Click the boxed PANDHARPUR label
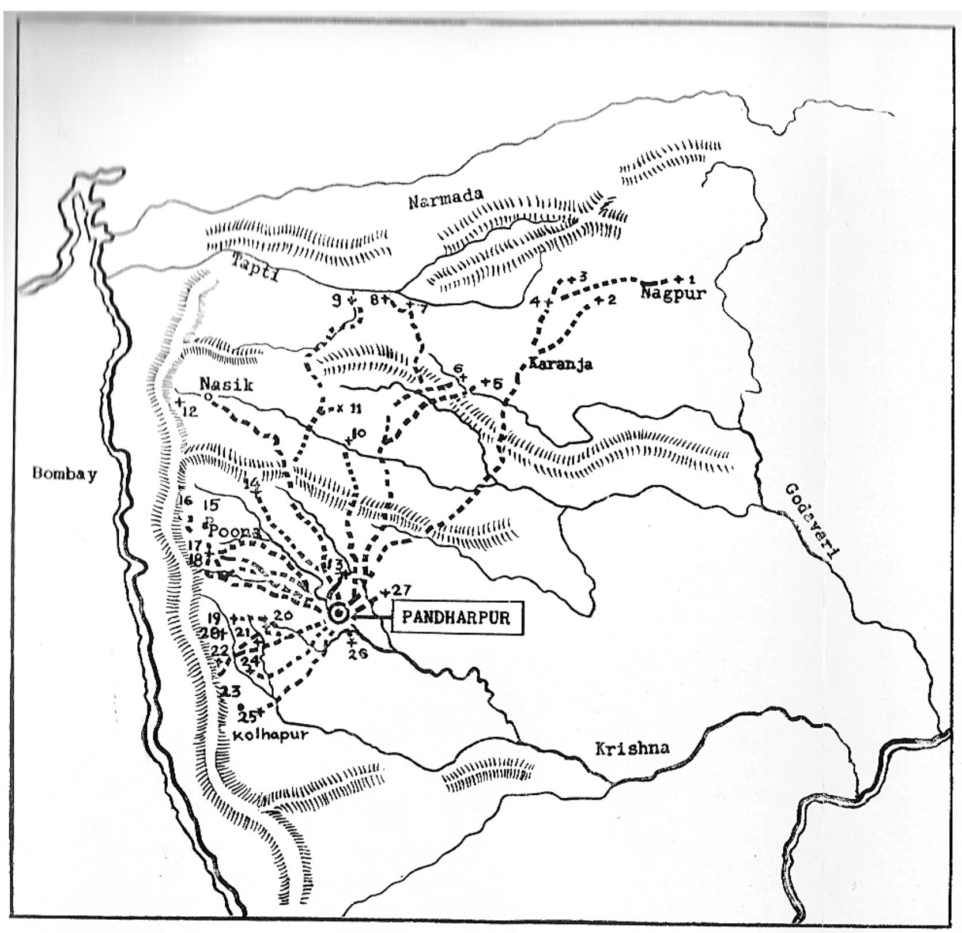[457, 618]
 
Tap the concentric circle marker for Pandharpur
[338, 614]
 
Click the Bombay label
[65, 474]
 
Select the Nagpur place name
[673, 294]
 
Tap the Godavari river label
[810, 521]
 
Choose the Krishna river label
[632, 749]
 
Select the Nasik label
[226, 384]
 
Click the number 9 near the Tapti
[337, 300]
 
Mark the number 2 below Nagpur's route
[613, 300]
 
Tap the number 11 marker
[355, 409]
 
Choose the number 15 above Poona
[211, 505]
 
